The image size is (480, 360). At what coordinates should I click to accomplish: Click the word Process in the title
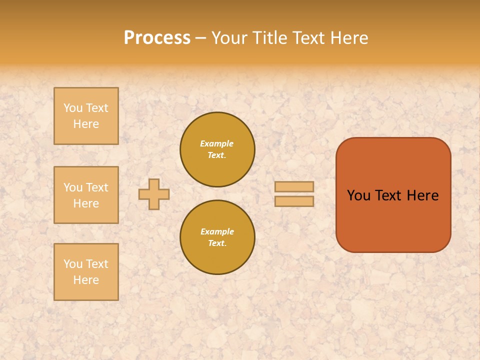[157, 38]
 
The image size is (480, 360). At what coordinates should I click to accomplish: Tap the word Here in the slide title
[348, 38]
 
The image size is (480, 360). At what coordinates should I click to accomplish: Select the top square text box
[86, 116]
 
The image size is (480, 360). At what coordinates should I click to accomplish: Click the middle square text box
[86, 195]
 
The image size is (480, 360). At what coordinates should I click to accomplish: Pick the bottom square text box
[86, 272]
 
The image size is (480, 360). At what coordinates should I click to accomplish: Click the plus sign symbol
[154, 194]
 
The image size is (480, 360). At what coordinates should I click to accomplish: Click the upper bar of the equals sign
[294, 186]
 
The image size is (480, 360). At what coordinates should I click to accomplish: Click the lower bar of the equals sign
[294, 201]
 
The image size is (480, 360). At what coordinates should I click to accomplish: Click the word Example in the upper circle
[216, 144]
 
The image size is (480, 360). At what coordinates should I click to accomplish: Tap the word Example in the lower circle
[217, 232]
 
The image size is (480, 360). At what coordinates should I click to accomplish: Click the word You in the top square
[73, 108]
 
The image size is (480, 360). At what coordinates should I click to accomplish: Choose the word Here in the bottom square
[86, 280]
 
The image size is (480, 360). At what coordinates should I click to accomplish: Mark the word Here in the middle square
[86, 203]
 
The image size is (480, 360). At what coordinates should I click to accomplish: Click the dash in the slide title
[200, 38]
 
